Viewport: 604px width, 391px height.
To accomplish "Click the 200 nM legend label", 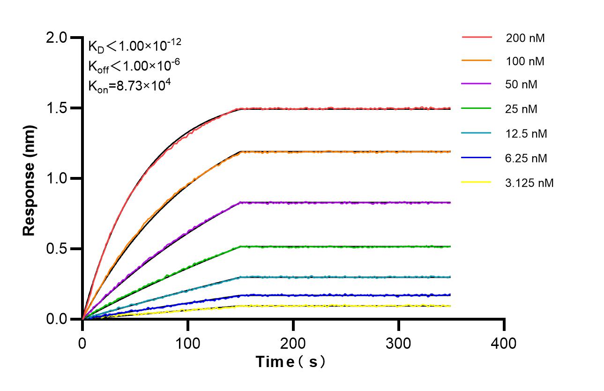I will [525, 38].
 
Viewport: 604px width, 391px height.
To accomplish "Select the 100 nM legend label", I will [525, 61].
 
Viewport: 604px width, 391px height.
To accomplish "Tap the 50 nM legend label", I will [522, 85].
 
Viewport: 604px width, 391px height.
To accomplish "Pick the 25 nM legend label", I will [522, 109].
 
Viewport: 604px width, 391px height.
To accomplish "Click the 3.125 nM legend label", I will [529, 183].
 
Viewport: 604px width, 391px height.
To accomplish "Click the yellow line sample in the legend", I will [477, 182].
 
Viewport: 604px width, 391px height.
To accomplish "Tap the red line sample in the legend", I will [477, 37].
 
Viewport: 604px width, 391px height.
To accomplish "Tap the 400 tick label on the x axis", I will [504, 343].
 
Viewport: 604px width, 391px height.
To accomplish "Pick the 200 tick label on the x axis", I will [293, 343].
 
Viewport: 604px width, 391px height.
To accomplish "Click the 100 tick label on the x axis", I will [188, 343].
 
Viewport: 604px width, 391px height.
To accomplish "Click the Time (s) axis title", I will [291, 362].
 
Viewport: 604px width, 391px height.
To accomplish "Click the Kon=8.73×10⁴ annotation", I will [125, 85].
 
